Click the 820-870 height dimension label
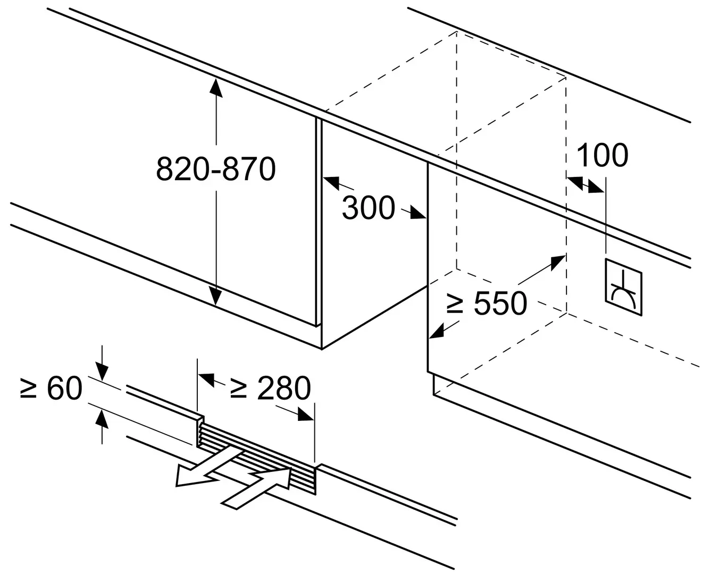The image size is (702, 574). tap(216, 169)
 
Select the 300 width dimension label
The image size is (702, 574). tap(368, 207)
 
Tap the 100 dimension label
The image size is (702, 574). tap(602, 155)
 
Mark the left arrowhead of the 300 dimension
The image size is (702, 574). tap(331, 182)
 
